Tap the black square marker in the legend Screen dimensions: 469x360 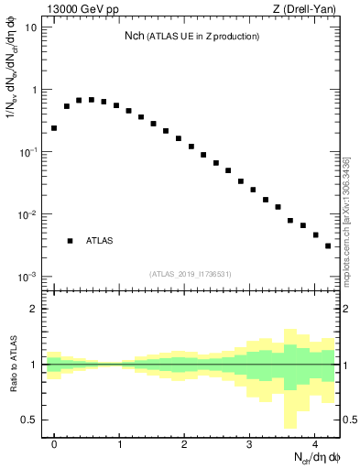point(71,241)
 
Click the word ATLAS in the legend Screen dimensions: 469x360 point(100,241)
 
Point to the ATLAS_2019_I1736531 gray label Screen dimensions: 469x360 point(191,273)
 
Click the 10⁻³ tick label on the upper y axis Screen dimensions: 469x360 point(29,277)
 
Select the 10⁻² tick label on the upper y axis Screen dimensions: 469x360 point(29,214)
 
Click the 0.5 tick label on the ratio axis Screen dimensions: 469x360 point(28,420)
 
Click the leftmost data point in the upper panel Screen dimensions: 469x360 point(54,128)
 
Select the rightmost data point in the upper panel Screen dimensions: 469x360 point(328,245)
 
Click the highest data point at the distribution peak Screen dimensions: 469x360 point(91,100)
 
